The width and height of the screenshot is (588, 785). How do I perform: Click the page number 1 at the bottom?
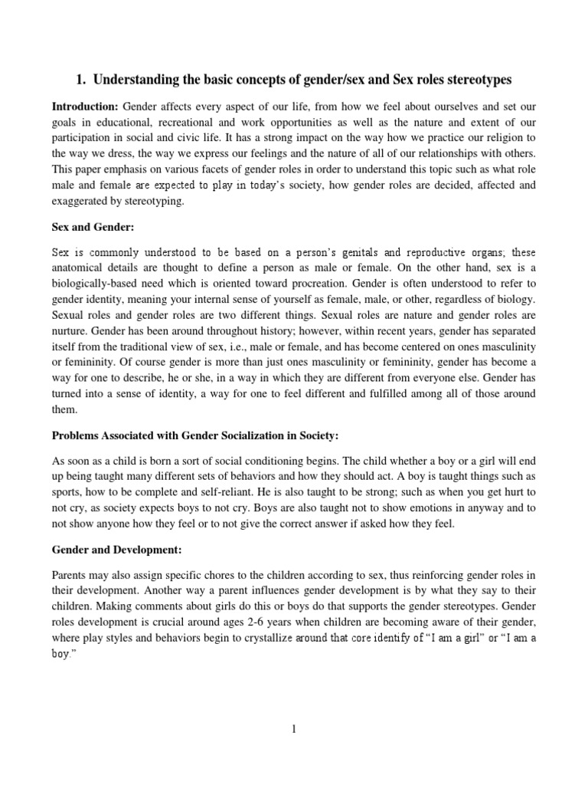pyautogui.click(x=293, y=729)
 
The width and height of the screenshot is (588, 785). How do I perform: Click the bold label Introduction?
pyautogui.click(x=84, y=106)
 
